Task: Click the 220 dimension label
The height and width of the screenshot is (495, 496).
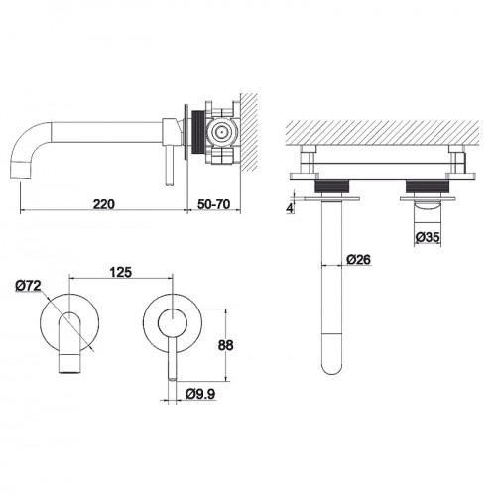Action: click(x=104, y=204)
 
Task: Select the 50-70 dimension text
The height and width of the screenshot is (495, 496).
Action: click(x=214, y=204)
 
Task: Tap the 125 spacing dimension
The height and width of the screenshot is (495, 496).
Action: click(x=121, y=272)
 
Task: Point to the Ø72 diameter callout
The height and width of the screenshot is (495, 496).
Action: click(x=28, y=286)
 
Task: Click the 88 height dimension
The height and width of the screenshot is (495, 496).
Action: click(x=225, y=345)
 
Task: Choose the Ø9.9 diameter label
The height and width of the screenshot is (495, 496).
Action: click(x=200, y=394)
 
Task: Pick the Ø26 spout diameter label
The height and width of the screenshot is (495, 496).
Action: click(x=359, y=260)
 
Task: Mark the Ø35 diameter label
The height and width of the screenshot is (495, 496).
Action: click(x=428, y=237)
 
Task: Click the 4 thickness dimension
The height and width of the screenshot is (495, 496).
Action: click(x=290, y=208)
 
